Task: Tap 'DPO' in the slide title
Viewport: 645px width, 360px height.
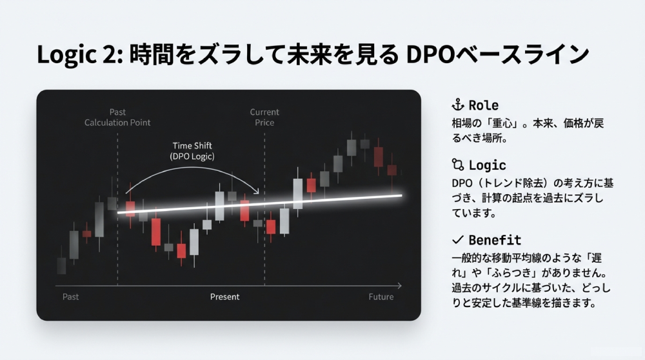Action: (x=430, y=55)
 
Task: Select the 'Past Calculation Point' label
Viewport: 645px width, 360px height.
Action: (x=117, y=117)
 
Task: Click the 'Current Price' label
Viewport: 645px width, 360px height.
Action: (x=264, y=117)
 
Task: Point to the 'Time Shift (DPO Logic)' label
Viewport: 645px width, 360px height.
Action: (x=192, y=152)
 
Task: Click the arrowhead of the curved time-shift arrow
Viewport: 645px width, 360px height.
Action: (x=258, y=192)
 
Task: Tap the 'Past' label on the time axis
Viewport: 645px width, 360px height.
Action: (x=71, y=297)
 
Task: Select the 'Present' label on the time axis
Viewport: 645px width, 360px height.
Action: (x=224, y=297)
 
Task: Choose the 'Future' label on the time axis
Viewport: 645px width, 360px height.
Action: (x=381, y=297)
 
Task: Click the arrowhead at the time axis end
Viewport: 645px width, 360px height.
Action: (x=400, y=285)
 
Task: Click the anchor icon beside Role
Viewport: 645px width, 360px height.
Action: (x=457, y=105)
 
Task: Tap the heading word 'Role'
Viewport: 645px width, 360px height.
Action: (x=484, y=105)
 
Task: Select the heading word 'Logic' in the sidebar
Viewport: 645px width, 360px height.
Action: (x=487, y=165)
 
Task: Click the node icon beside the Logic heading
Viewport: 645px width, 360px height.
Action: (x=458, y=165)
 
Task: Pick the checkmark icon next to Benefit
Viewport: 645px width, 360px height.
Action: (x=458, y=240)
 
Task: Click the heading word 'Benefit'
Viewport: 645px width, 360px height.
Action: (x=495, y=240)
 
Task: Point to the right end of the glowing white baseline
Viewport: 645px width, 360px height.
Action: (x=401, y=195)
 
